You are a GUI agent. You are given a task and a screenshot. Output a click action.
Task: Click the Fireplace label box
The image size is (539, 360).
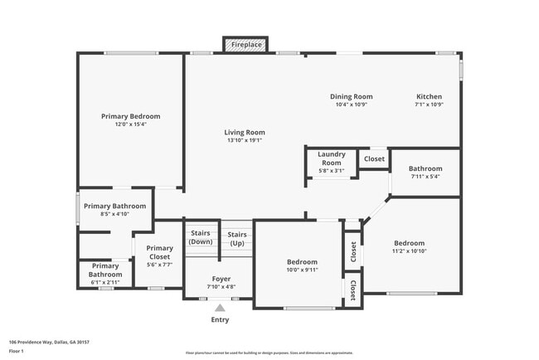pos(246,44)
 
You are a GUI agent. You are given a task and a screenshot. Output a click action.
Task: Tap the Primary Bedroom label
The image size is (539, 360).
pos(130,116)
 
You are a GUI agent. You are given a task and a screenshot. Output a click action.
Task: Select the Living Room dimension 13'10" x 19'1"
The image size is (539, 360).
pos(245,141)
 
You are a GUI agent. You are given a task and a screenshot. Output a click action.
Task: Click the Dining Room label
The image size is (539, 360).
pos(352,96)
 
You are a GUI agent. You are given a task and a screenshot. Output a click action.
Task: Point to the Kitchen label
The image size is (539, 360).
pos(429,96)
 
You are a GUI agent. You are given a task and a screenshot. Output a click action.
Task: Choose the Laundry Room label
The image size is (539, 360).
pos(332,158)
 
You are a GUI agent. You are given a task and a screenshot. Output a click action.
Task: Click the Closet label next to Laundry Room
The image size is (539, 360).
pos(374,158)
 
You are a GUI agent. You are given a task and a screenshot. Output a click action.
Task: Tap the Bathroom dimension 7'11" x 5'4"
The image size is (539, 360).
pos(425,176)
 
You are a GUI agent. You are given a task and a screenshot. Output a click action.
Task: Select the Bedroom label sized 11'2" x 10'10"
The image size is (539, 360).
pos(408,243)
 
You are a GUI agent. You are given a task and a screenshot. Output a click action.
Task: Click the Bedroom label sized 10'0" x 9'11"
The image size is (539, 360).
pos(302,262)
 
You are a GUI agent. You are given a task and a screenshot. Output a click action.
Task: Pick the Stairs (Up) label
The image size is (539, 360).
pos(237,238)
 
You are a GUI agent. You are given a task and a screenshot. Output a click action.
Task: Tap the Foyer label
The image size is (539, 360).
pos(221,279)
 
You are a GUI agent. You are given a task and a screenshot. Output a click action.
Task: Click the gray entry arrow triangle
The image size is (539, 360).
pos(220,308)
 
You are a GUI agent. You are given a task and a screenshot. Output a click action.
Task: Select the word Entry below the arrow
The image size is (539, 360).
pos(220,319)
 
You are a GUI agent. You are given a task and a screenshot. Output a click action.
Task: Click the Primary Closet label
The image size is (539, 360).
pos(159,252)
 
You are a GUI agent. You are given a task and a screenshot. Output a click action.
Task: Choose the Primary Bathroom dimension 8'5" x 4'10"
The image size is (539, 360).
pos(114,214)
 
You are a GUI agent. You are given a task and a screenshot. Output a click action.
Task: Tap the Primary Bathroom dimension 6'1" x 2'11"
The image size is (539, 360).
pos(105,281)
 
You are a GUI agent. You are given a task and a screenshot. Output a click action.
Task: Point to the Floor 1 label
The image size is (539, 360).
pos(17,351)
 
